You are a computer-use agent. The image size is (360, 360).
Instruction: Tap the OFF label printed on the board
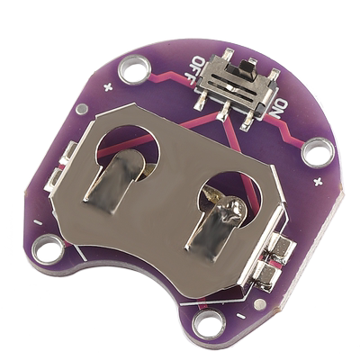point(198,68)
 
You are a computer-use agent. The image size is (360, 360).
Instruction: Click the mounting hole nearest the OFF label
point(134,67)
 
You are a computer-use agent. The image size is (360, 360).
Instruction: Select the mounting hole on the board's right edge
point(317,151)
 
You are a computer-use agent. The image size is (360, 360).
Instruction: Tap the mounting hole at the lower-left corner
point(49,249)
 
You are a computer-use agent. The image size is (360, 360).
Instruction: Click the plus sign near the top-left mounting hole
point(108,87)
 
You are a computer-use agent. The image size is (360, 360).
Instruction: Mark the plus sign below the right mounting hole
point(317,183)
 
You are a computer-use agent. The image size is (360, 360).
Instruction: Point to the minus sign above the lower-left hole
point(38,221)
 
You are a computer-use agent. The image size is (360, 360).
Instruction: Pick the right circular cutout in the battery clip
point(229,193)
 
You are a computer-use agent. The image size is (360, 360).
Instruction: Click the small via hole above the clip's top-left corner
point(82,109)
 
